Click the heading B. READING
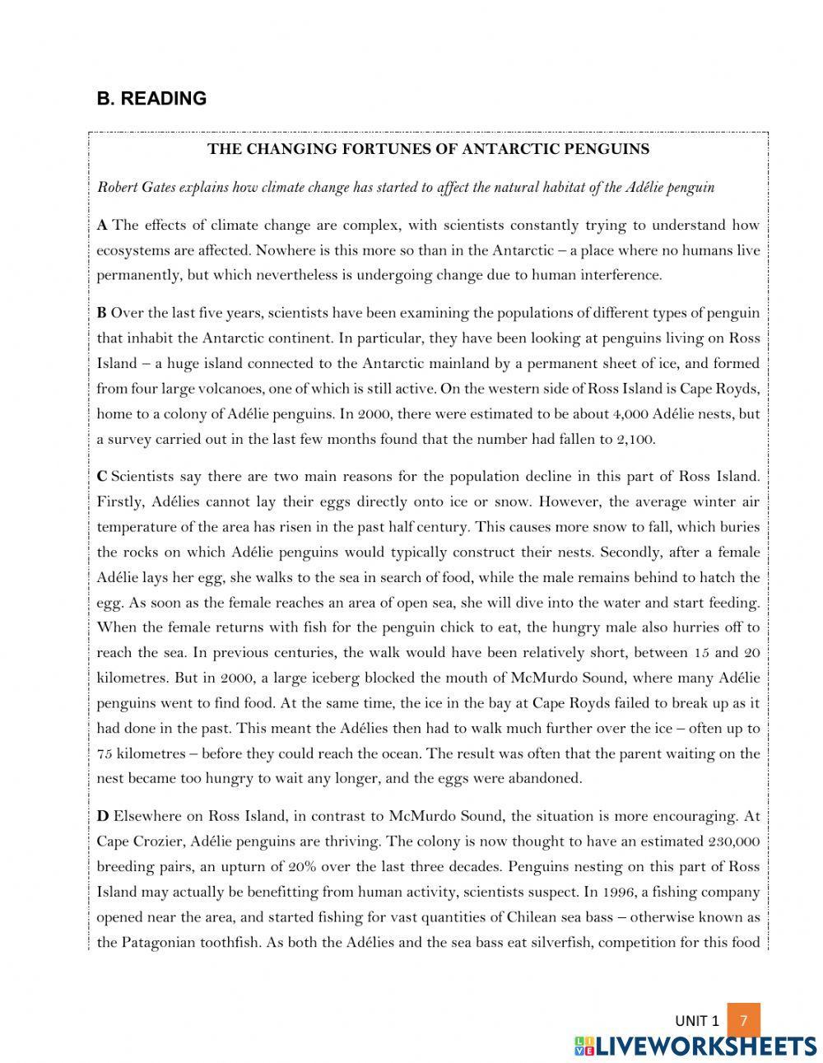[x=151, y=99]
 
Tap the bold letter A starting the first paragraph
[x=102, y=225]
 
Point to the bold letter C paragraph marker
[x=102, y=476]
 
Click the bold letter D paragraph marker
[x=103, y=816]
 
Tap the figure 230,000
[x=733, y=842]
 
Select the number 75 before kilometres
[x=105, y=753]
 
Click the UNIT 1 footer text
[x=697, y=1021]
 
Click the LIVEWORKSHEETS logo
[x=695, y=1046]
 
